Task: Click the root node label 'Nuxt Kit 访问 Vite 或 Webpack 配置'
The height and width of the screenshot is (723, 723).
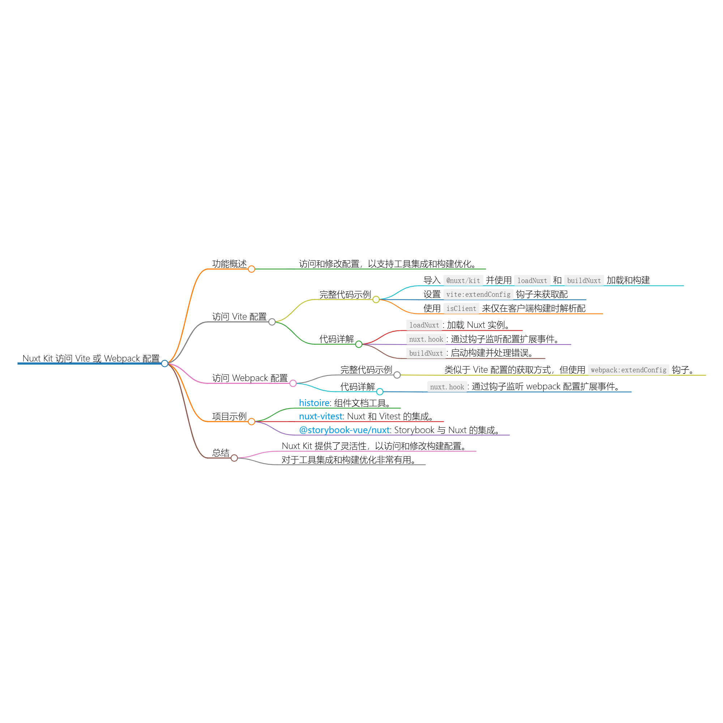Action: point(91,359)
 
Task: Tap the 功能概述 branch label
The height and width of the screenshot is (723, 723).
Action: point(230,264)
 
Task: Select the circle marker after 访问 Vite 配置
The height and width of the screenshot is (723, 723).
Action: point(272,322)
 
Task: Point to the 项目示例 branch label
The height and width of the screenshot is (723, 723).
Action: point(230,416)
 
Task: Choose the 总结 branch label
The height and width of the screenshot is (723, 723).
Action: point(221,453)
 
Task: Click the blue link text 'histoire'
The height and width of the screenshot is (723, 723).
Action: point(315,403)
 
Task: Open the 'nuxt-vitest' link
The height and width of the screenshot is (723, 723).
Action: point(321,416)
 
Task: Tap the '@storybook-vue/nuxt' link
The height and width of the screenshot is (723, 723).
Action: point(344,430)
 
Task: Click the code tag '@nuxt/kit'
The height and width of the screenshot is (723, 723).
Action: point(463,281)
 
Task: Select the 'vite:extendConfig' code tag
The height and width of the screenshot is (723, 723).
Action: point(478,295)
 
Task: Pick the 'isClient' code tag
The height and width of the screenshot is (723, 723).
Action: point(461,309)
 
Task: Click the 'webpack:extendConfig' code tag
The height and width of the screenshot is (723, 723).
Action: point(628,370)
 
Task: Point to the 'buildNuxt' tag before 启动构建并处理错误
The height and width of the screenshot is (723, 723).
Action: point(426,353)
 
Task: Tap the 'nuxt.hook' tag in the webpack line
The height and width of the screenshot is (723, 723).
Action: point(447,387)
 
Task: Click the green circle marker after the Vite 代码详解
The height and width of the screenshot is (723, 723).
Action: point(359,344)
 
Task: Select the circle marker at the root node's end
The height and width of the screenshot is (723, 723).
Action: point(164,363)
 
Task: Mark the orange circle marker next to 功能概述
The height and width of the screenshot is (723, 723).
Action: point(252,269)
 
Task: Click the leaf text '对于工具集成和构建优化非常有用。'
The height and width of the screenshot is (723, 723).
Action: point(349,460)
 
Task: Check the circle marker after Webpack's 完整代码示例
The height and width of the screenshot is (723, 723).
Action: point(397,375)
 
